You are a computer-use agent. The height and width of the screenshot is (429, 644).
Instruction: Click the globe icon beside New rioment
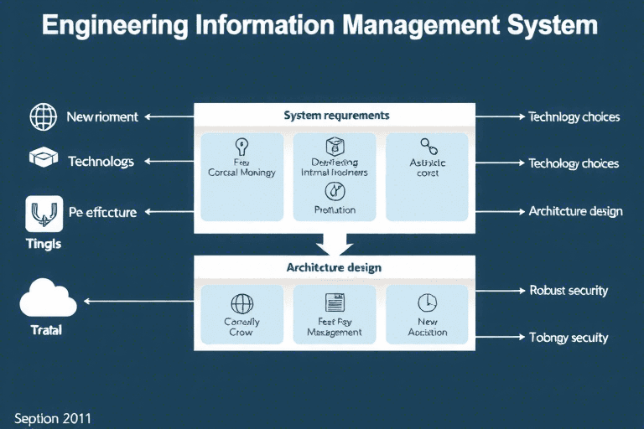43,116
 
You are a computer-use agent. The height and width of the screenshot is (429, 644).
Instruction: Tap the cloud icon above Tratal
48,298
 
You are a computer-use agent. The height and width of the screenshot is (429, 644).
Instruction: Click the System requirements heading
336,115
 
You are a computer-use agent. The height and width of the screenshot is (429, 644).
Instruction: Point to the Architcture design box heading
334,267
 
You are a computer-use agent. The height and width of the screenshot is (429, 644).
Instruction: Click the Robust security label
569,291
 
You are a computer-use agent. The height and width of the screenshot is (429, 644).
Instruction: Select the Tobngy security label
569,338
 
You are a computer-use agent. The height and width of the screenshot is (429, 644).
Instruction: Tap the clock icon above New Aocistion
427,302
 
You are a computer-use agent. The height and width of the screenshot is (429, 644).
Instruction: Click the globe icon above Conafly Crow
241,303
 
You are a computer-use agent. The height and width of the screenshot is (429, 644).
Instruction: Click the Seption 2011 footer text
53,416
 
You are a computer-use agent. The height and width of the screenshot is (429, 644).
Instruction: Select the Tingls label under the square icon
41,244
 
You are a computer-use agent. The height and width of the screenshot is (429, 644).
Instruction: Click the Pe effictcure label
102,212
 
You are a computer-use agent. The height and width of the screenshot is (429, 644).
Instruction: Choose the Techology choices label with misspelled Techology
574,163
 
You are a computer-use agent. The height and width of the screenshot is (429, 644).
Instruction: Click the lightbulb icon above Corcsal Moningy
241,144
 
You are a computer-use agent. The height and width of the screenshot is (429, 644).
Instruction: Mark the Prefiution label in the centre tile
334,209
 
